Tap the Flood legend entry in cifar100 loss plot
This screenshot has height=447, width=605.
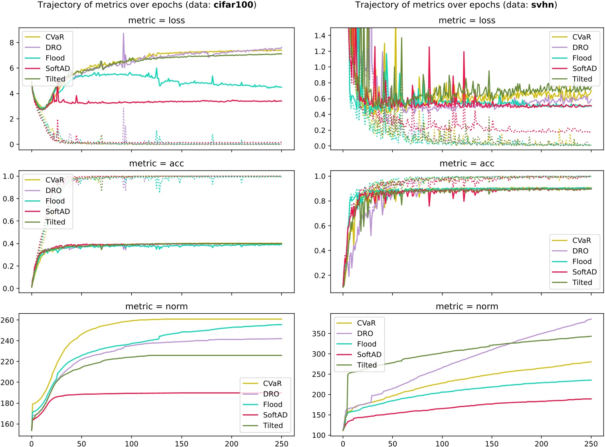click(x=55, y=58)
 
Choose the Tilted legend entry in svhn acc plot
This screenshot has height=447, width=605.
click(x=582, y=283)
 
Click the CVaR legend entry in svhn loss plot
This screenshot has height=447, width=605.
click(x=581, y=37)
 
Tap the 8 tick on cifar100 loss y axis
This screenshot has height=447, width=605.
click(x=12, y=43)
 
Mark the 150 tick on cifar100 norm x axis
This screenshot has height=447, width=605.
click(x=182, y=443)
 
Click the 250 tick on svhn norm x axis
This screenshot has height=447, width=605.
click(x=591, y=443)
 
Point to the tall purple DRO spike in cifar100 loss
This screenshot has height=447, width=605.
click(x=123, y=34)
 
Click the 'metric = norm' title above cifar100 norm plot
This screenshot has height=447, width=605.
click(x=156, y=307)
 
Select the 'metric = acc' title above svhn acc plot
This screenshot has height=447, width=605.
click(x=467, y=164)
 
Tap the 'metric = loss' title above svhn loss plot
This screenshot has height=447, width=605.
click(x=467, y=21)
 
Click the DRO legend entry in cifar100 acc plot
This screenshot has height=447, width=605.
click(x=53, y=191)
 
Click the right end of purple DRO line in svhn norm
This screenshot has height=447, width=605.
click(x=591, y=319)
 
